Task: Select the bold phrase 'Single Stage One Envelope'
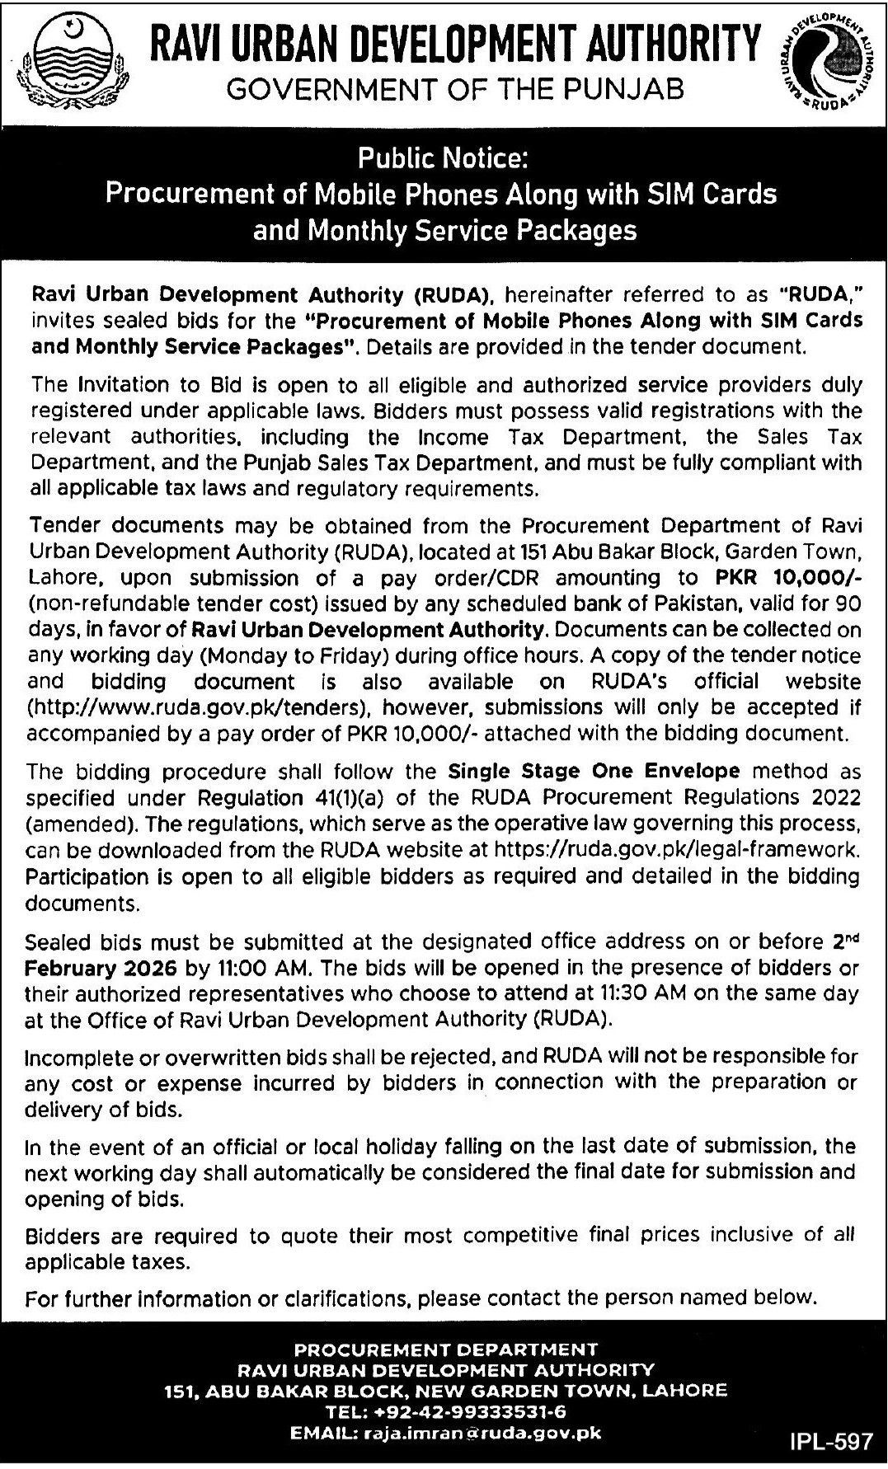point(594,772)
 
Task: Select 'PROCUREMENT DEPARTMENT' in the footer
point(445,1349)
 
